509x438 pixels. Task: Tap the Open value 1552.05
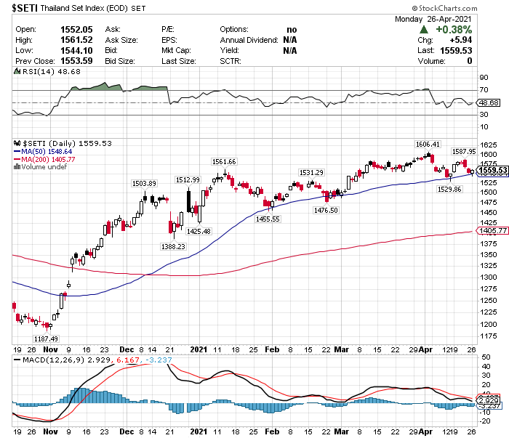pos(71,29)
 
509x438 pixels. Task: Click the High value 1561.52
pos(71,40)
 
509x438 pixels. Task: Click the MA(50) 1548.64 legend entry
pos(44,151)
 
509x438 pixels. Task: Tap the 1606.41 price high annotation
pos(428,144)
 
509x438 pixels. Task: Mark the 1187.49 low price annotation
pos(46,338)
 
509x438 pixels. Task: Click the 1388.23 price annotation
pos(172,247)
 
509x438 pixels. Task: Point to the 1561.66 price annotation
pos(224,161)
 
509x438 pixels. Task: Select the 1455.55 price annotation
pos(268,219)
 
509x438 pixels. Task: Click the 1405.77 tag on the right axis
pos(492,230)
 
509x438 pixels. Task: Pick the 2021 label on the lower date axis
pos(199,349)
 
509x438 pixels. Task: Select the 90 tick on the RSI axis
pos(482,76)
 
